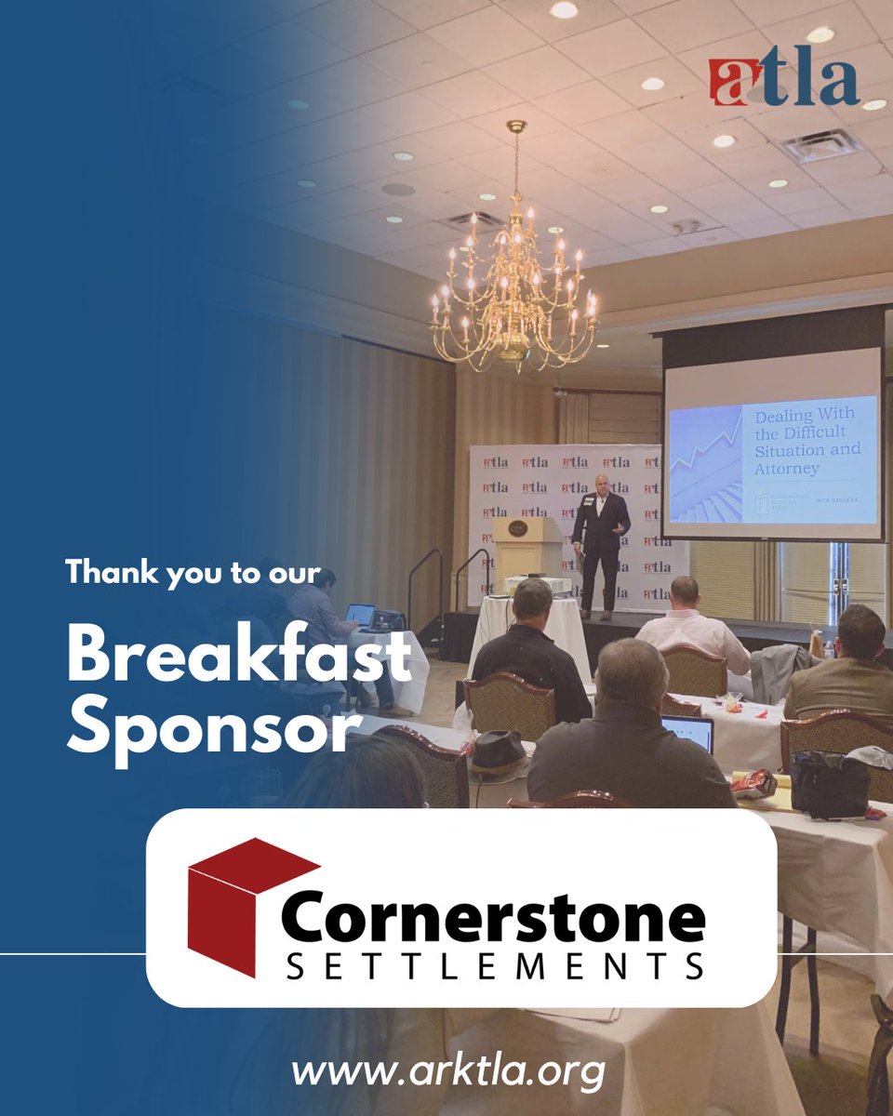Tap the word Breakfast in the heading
tap(238, 658)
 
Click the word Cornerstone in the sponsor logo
tap(492, 918)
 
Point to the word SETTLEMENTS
tap(493, 968)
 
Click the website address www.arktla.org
tap(447, 1071)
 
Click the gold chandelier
tap(514, 279)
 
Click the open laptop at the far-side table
tap(359, 615)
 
